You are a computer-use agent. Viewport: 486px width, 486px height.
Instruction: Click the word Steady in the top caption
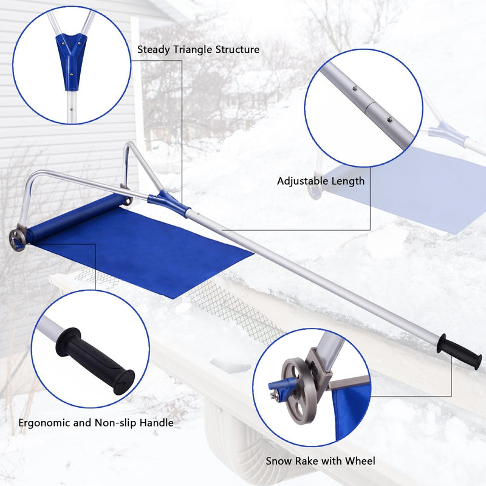click(152, 50)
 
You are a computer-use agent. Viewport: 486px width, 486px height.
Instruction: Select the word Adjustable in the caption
click(301, 181)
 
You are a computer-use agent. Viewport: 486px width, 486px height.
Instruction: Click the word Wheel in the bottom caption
click(360, 460)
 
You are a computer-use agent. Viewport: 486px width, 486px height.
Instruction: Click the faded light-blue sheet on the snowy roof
click(413, 188)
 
